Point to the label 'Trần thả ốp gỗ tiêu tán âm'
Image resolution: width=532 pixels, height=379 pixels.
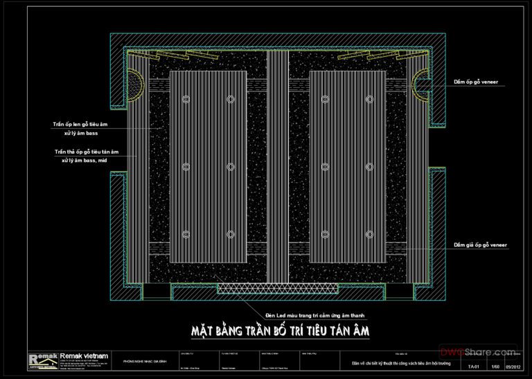click(87, 151)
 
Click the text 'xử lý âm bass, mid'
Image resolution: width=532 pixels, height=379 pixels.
click(87, 160)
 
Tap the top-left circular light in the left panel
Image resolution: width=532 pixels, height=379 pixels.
click(186, 100)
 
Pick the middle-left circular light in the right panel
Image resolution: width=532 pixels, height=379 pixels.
click(325, 166)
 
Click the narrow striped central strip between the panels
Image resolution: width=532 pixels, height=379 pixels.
click(278, 166)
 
